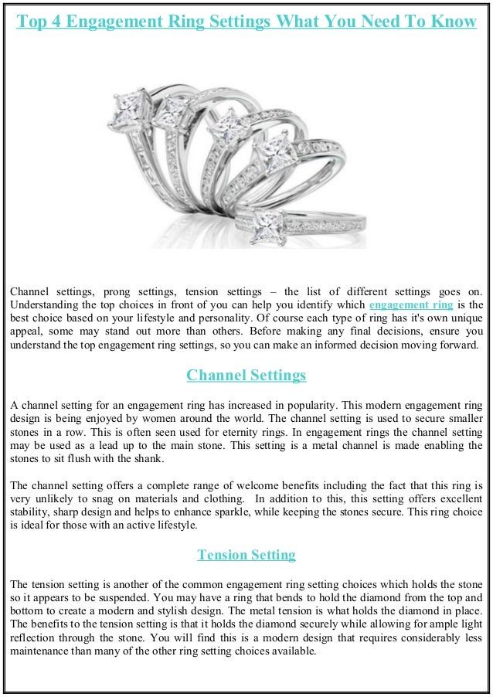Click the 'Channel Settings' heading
[246, 376]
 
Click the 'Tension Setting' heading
[246, 555]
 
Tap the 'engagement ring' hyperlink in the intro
[411, 304]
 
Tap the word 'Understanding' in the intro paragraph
[43, 304]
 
